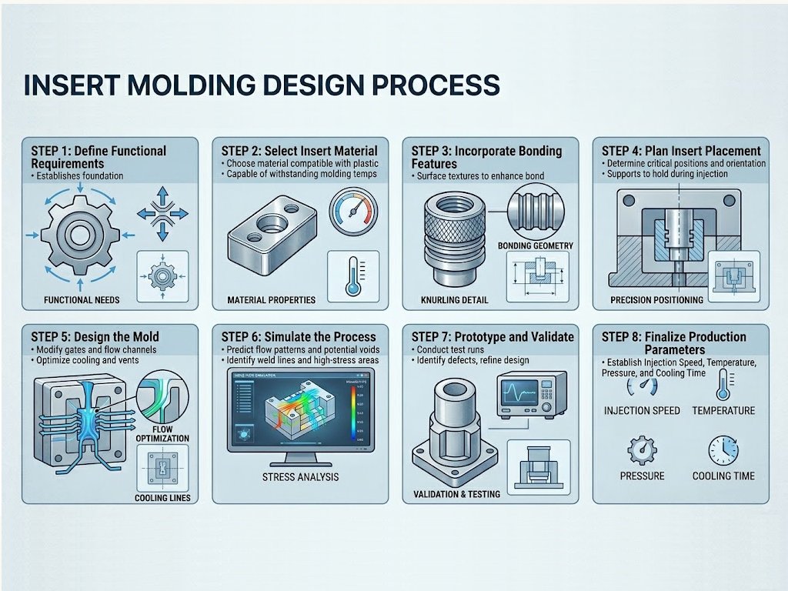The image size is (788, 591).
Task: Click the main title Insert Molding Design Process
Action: tap(262, 85)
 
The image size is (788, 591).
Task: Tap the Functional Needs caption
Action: tap(82, 299)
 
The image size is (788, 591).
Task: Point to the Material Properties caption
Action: tap(272, 299)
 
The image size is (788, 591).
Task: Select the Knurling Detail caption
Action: tap(455, 299)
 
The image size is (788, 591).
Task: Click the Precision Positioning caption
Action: tap(656, 299)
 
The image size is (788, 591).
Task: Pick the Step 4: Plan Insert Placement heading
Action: tap(681, 151)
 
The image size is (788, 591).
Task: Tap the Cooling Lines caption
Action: tap(162, 497)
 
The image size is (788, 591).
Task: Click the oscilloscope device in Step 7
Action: tap(530, 394)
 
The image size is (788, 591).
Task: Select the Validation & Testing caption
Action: tap(456, 494)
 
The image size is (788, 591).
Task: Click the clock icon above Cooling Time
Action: tap(723, 451)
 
